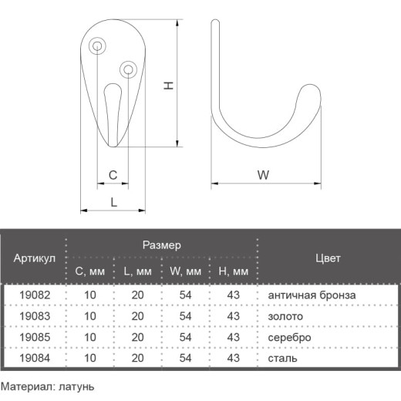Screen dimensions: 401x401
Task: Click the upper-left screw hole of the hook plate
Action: pyautogui.click(x=97, y=46)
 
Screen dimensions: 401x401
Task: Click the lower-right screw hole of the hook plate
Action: pyautogui.click(x=128, y=69)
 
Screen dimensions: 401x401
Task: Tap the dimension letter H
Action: pyautogui.click(x=169, y=86)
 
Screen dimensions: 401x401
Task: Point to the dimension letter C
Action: pyautogui.click(x=113, y=175)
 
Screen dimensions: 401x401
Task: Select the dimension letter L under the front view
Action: pyautogui.click(x=113, y=202)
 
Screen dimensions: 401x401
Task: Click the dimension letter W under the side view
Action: pyautogui.click(x=263, y=175)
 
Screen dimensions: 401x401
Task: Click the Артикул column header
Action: pyautogui.click(x=35, y=258)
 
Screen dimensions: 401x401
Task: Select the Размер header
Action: pyautogui.click(x=162, y=245)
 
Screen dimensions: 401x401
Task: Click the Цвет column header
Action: pyautogui.click(x=328, y=258)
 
